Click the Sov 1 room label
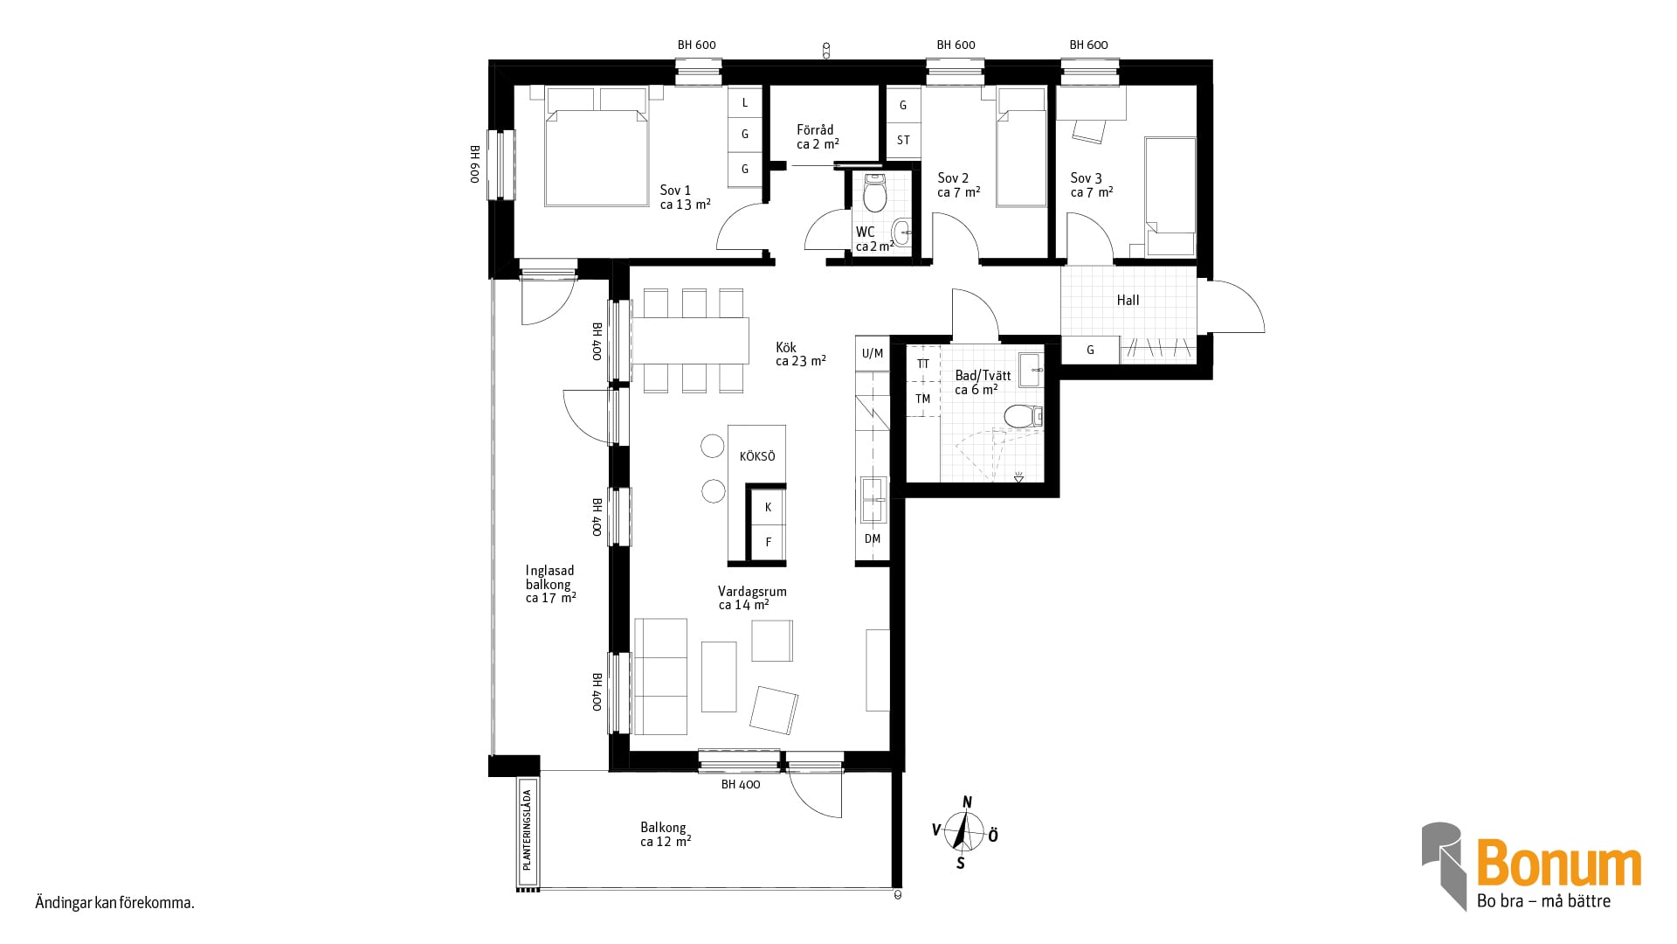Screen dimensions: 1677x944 click(x=685, y=198)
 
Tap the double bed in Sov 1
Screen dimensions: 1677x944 click(x=597, y=146)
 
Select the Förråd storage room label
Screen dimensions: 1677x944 click(x=818, y=136)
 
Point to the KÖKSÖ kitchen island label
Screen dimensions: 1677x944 click(x=757, y=456)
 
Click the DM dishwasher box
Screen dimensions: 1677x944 click(x=873, y=539)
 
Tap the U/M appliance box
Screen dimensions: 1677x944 click(x=873, y=353)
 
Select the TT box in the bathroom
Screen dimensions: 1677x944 click(x=923, y=364)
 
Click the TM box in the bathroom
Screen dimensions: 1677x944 click(x=923, y=399)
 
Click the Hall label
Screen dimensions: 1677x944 click(x=1128, y=300)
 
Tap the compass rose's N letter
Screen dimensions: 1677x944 click(x=967, y=802)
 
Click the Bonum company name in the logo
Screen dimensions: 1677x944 click(x=1559, y=864)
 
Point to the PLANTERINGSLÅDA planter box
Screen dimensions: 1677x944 click(x=527, y=831)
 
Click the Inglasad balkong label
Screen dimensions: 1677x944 click(x=550, y=584)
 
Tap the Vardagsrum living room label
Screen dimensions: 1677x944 click(x=752, y=598)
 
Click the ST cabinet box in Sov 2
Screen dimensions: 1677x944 click(x=903, y=140)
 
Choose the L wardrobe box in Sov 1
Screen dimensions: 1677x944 click(x=745, y=102)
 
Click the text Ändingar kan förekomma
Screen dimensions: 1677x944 click(x=114, y=903)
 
